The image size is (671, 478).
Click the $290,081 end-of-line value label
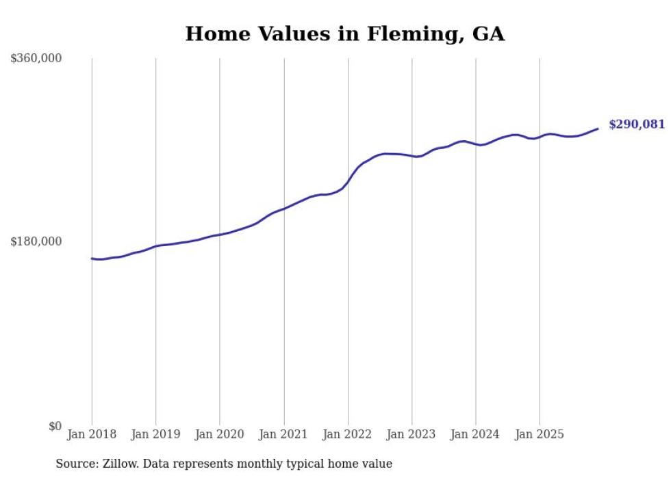637,124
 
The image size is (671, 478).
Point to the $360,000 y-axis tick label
36,59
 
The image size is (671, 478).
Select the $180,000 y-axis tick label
36,241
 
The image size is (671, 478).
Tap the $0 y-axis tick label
55,426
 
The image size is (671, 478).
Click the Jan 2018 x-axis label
92,434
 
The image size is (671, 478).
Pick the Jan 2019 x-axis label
155,434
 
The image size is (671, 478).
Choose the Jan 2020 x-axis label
220,434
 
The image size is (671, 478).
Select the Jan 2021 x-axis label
283,434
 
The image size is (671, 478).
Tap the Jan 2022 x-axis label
348,434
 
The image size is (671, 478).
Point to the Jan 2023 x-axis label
412,434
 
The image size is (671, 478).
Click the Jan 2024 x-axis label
476,434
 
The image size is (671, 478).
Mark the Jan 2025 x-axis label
540,434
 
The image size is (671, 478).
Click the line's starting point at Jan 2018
92,258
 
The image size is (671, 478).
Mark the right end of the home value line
598,129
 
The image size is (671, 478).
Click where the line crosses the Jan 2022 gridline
348,182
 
